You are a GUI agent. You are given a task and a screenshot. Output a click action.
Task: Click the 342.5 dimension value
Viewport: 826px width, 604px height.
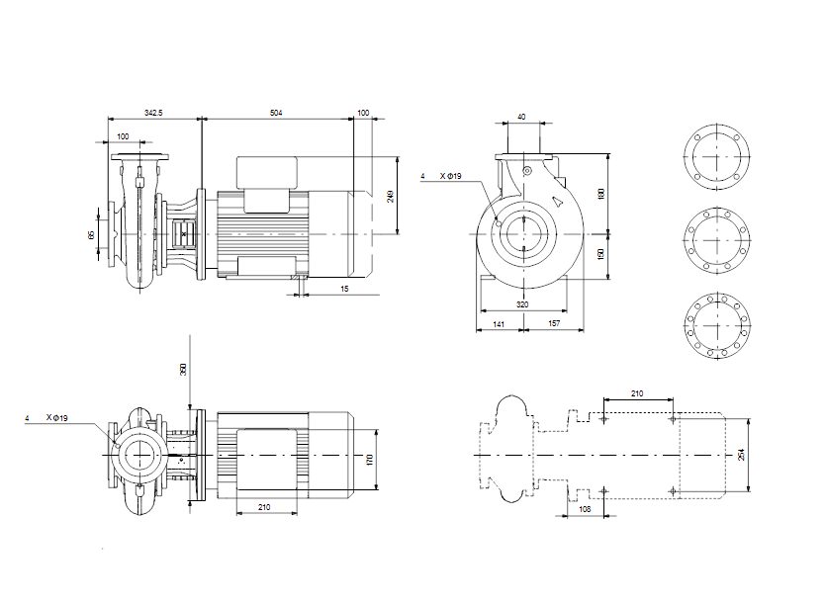(153, 113)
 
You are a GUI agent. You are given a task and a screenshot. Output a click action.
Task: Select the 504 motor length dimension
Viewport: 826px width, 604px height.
(276, 113)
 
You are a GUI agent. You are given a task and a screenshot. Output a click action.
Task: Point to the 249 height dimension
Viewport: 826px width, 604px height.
(391, 197)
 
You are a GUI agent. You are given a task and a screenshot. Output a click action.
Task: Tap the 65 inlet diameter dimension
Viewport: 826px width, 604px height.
(91, 234)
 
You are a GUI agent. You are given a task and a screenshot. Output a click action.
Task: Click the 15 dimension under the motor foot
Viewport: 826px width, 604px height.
(344, 289)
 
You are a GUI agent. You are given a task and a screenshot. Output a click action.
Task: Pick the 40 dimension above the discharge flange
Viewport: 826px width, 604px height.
(521, 117)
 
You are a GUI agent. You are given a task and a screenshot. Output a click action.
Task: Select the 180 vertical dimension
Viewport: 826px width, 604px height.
(601, 194)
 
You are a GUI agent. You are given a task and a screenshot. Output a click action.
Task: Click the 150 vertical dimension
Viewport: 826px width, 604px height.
(601, 254)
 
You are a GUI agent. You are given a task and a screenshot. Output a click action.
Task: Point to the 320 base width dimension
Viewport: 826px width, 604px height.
(522, 304)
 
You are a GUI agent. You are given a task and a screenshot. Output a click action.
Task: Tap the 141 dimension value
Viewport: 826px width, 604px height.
(499, 324)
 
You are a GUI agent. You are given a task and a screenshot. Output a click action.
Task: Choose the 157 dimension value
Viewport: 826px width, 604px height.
(554, 323)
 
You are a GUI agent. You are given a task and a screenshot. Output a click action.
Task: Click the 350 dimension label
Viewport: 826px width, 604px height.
(183, 369)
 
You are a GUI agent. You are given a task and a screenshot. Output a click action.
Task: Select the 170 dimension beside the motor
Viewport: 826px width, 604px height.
(369, 460)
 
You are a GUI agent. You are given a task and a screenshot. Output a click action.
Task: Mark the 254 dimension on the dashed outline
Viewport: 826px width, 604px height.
(741, 455)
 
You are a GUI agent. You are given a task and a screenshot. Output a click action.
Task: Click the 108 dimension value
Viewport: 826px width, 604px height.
(585, 509)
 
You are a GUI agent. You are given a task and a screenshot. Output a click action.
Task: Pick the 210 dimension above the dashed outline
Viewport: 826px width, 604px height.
(637, 393)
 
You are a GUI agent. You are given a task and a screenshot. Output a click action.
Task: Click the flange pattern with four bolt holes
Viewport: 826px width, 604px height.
(717, 156)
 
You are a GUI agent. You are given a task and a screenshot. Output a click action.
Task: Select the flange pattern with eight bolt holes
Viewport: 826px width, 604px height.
(717, 240)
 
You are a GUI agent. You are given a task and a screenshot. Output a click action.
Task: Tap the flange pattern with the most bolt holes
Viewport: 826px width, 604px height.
(717, 326)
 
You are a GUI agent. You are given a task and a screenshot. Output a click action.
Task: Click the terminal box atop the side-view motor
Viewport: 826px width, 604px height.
(267, 173)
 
